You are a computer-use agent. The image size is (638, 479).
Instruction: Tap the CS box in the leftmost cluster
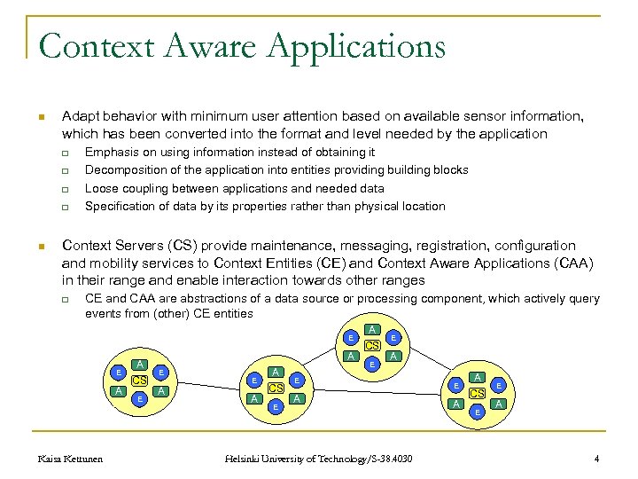click(139, 381)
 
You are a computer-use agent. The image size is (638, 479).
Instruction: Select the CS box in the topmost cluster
click(372, 345)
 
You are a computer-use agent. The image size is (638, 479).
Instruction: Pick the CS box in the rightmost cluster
click(478, 393)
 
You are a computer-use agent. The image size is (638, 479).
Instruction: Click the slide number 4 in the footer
click(596, 459)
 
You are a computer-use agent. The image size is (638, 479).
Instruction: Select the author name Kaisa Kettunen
click(71, 459)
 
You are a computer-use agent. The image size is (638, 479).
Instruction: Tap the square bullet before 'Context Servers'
click(41, 246)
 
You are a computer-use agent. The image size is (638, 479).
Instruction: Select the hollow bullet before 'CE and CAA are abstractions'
click(65, 299)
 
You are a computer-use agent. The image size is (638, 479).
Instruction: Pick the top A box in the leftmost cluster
click(139, 365)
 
